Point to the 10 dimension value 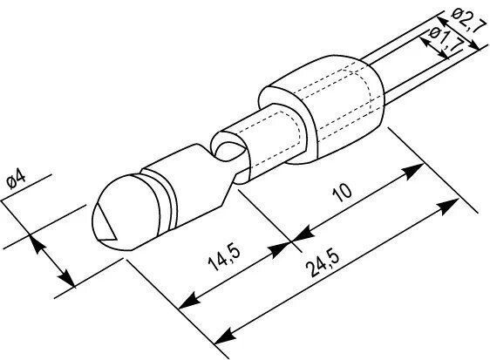[x=343, y=192]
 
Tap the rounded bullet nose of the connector [x=125, y=213]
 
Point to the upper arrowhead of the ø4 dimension [x=36, y=243]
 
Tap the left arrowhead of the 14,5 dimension [x=189, y=301]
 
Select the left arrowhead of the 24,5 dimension [x=225, y=336]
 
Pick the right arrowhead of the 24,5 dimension [x=449, y=207]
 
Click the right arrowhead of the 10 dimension [x=413, y=171]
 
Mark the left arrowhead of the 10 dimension [x=303, y=234]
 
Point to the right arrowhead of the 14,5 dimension [x=279, y=249]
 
